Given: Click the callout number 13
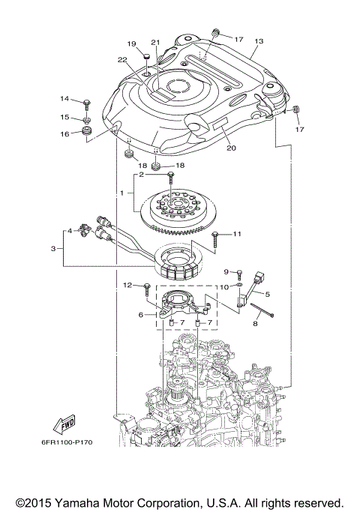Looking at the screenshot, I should pyautogui.click(x=259, y=42).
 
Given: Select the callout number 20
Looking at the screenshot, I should pyautogui.click(x=231, y=148).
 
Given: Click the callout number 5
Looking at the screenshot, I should pyautogui.click(x=267, y=295).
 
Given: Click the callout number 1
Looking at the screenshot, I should pyautogui.click(x=121, y=193).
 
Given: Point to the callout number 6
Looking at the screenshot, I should pyautogui.click(x=140, y=316).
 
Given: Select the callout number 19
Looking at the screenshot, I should pyautogui.click(x=131, y=43).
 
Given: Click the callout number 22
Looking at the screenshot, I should pyautogui.click(x=122, y=59).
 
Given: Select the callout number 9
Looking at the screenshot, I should pyautogui.click(x=225, y=271).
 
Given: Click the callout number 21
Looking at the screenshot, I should pyautogui.click(x=156, y=42).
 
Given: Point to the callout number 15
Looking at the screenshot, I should pyautogui.click(x=65, y=117).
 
